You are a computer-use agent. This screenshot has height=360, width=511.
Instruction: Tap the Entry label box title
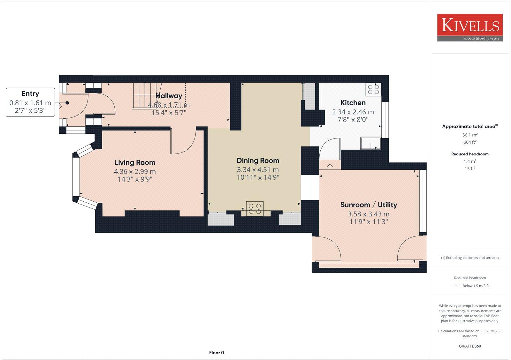(30, 94)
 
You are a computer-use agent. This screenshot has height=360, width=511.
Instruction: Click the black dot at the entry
(67, 103)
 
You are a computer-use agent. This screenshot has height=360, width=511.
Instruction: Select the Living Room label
(135, 162)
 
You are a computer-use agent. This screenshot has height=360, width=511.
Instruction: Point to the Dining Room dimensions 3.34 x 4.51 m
(257, 169)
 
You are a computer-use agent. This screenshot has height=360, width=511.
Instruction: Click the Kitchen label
(353, 103)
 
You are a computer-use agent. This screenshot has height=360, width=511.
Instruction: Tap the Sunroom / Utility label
(369, 205)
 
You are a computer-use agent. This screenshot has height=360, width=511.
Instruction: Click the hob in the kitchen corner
(373, 89)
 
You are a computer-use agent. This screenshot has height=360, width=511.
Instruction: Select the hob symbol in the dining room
(255, 208)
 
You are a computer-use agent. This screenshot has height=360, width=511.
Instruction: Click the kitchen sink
(370, 143)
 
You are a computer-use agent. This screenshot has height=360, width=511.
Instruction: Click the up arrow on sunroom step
(330, 166)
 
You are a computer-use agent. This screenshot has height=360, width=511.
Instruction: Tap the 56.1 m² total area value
(470, 135)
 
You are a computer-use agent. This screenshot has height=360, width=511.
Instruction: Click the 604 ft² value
(470, 142)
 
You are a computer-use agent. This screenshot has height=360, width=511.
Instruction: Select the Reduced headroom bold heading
(470, 154)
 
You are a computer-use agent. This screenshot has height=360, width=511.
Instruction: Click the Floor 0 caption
(217, 353)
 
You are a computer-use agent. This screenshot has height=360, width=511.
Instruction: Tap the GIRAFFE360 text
(470, 346)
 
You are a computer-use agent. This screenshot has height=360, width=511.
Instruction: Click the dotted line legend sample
(455, 286)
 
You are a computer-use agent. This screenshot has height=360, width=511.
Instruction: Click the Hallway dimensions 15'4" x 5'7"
(169, 113)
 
